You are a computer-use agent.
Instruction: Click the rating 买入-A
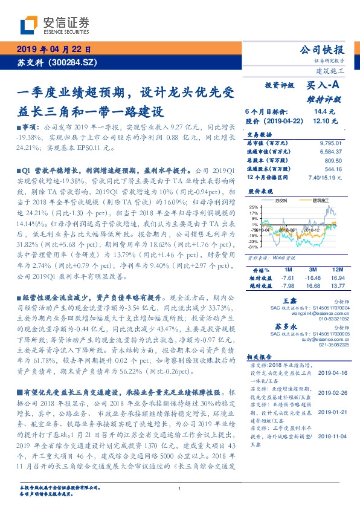[323, 86]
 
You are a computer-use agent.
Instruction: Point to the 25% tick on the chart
[253, 207]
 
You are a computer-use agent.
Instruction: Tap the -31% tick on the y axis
[253, 247]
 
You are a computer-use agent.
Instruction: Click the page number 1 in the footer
[180, 488]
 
